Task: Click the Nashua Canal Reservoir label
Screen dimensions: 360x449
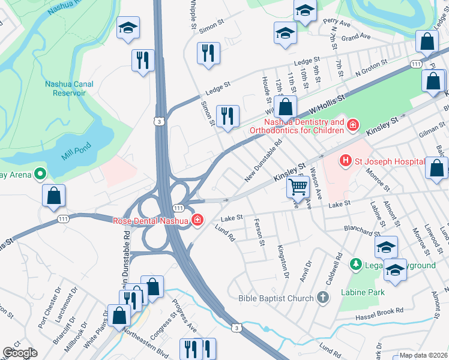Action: coord(69,89)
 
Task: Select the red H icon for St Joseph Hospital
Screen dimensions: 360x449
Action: coord(345,160)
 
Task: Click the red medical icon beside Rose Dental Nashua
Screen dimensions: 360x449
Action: coord(197,221)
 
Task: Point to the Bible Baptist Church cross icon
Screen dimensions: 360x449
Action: coord(323,298)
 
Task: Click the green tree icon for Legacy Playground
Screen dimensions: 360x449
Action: coord(356,264)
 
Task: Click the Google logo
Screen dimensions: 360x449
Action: coord(19,353)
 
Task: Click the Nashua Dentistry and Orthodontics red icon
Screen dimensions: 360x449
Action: coord(353,125)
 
